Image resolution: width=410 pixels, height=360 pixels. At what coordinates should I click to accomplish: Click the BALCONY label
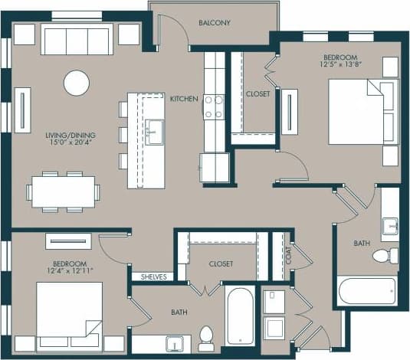pos(215,23)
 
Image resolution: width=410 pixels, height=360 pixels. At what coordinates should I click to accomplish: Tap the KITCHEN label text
pos(184,99)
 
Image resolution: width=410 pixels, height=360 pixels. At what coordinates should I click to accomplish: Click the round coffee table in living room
pos(77,83)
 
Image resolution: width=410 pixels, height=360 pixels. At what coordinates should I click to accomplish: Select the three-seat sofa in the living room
pos(77,38)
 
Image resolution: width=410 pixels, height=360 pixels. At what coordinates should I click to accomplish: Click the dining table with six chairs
pos(64,191)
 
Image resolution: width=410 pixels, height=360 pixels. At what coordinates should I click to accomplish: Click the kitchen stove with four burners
pos(213,106)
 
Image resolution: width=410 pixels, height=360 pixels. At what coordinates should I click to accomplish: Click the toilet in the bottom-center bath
pos(205,338)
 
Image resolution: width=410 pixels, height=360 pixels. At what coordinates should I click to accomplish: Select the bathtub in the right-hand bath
pos(367,291)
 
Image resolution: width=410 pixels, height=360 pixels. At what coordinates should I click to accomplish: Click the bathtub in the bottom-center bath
pos(240,315)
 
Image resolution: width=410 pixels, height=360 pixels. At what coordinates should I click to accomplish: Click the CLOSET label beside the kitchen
pos(257,95)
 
